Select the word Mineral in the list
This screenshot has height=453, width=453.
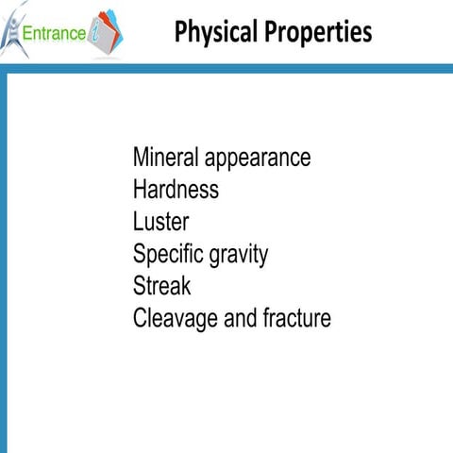[x=164, y=157]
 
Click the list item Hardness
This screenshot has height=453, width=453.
[x=176, y=189]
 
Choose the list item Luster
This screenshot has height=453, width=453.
[x=160, y=222]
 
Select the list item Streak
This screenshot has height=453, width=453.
[x=161, y=286]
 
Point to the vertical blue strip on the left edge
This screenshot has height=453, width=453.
[x=4, y=264]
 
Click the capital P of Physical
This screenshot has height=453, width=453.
[x=181, y=32]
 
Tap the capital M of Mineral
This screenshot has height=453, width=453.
[x=142, y=157]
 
